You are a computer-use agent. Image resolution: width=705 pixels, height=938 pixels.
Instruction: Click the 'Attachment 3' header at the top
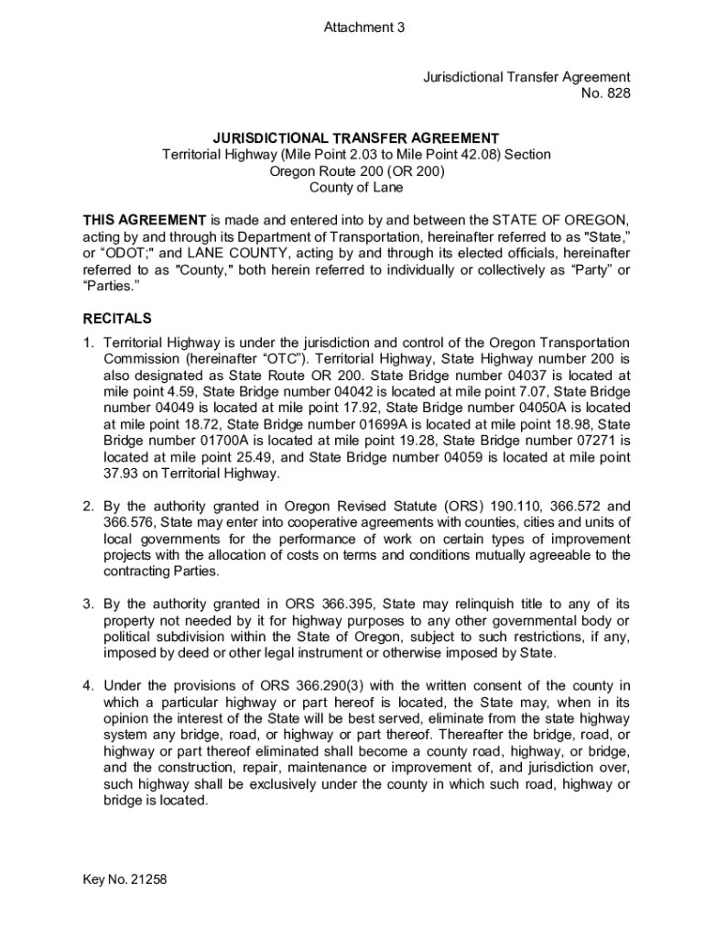point(363,27)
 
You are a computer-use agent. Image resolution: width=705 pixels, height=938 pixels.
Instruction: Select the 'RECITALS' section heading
point(117,319)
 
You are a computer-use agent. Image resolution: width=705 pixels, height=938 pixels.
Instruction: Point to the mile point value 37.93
point(122,474)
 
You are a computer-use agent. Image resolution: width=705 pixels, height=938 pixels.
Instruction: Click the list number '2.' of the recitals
point(89,506)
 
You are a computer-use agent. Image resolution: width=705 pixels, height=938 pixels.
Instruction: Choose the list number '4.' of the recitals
point(89,685)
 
